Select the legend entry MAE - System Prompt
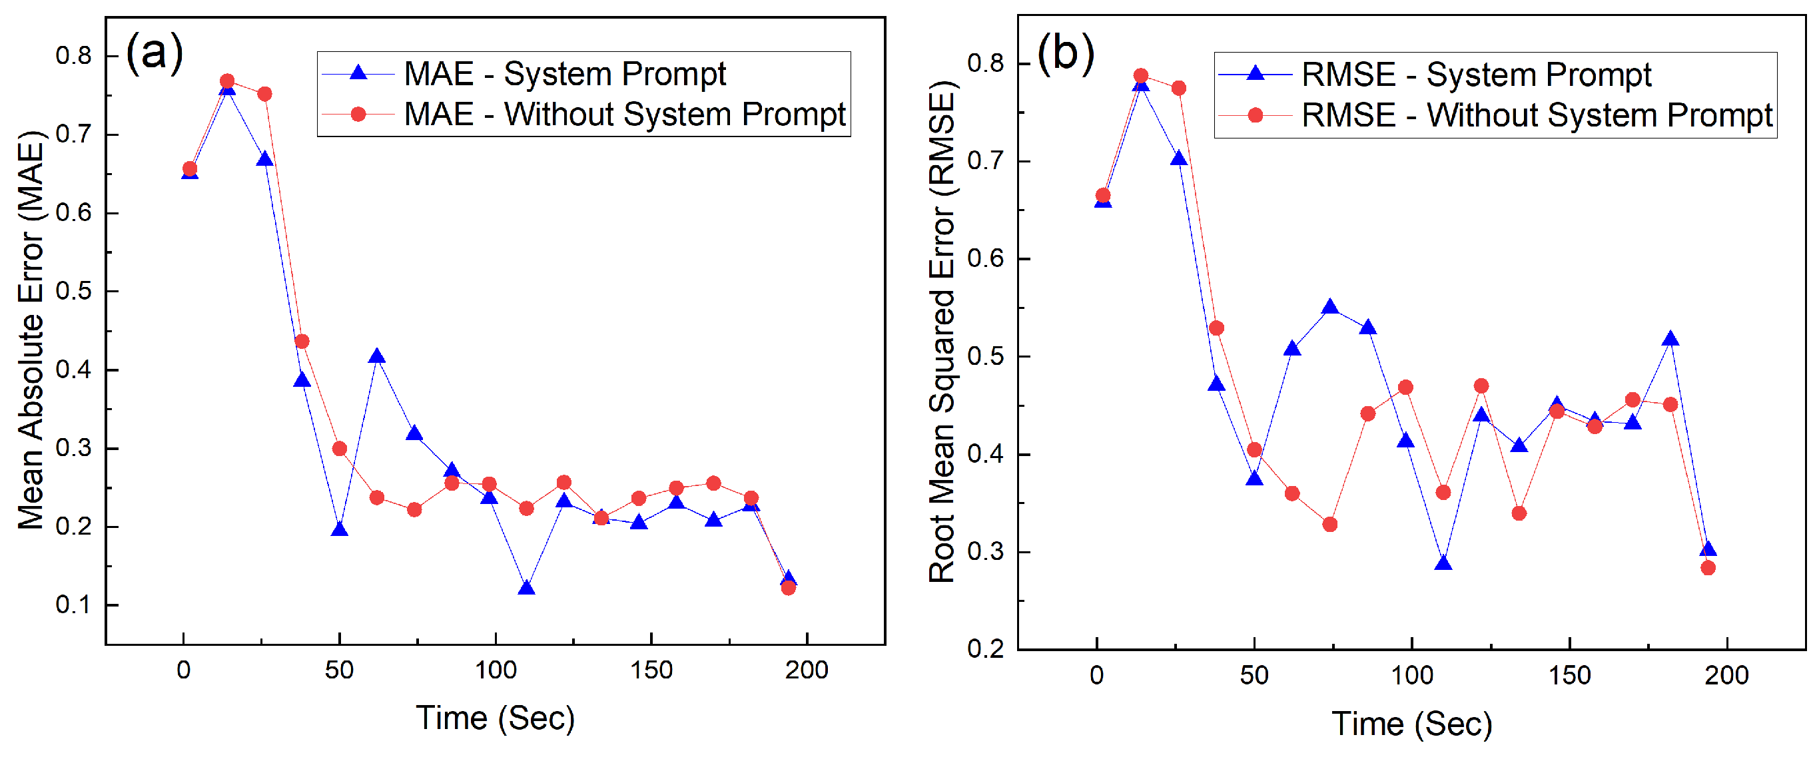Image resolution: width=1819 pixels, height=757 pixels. click(564, 74)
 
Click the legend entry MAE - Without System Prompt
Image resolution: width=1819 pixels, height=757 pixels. click(624, 115)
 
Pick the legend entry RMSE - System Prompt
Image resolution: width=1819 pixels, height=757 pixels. click(1476, 75)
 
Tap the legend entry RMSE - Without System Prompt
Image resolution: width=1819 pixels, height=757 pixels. click(1537, 115)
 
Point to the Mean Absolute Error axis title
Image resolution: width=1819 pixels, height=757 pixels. click(31, 330)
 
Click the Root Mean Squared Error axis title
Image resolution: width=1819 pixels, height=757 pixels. click(941, 332)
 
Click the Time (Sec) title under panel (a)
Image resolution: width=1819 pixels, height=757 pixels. click(495, 718)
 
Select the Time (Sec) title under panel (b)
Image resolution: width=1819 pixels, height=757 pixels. click(1411, 724)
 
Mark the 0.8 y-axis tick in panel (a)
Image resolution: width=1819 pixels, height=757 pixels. click(73, 56)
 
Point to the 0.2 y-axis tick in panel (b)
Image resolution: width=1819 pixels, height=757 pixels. click(985, 648)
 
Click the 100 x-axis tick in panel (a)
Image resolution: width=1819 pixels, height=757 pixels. click(495, 669)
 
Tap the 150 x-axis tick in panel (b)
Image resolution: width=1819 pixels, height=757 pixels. click(1569, 675)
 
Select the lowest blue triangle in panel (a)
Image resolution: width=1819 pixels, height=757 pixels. click(526, 587)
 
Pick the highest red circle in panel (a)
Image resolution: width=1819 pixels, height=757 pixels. click(226, 81)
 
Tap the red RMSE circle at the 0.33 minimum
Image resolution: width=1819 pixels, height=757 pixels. click(1329, 524)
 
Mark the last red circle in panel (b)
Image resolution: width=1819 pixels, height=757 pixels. click(1707, 568)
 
